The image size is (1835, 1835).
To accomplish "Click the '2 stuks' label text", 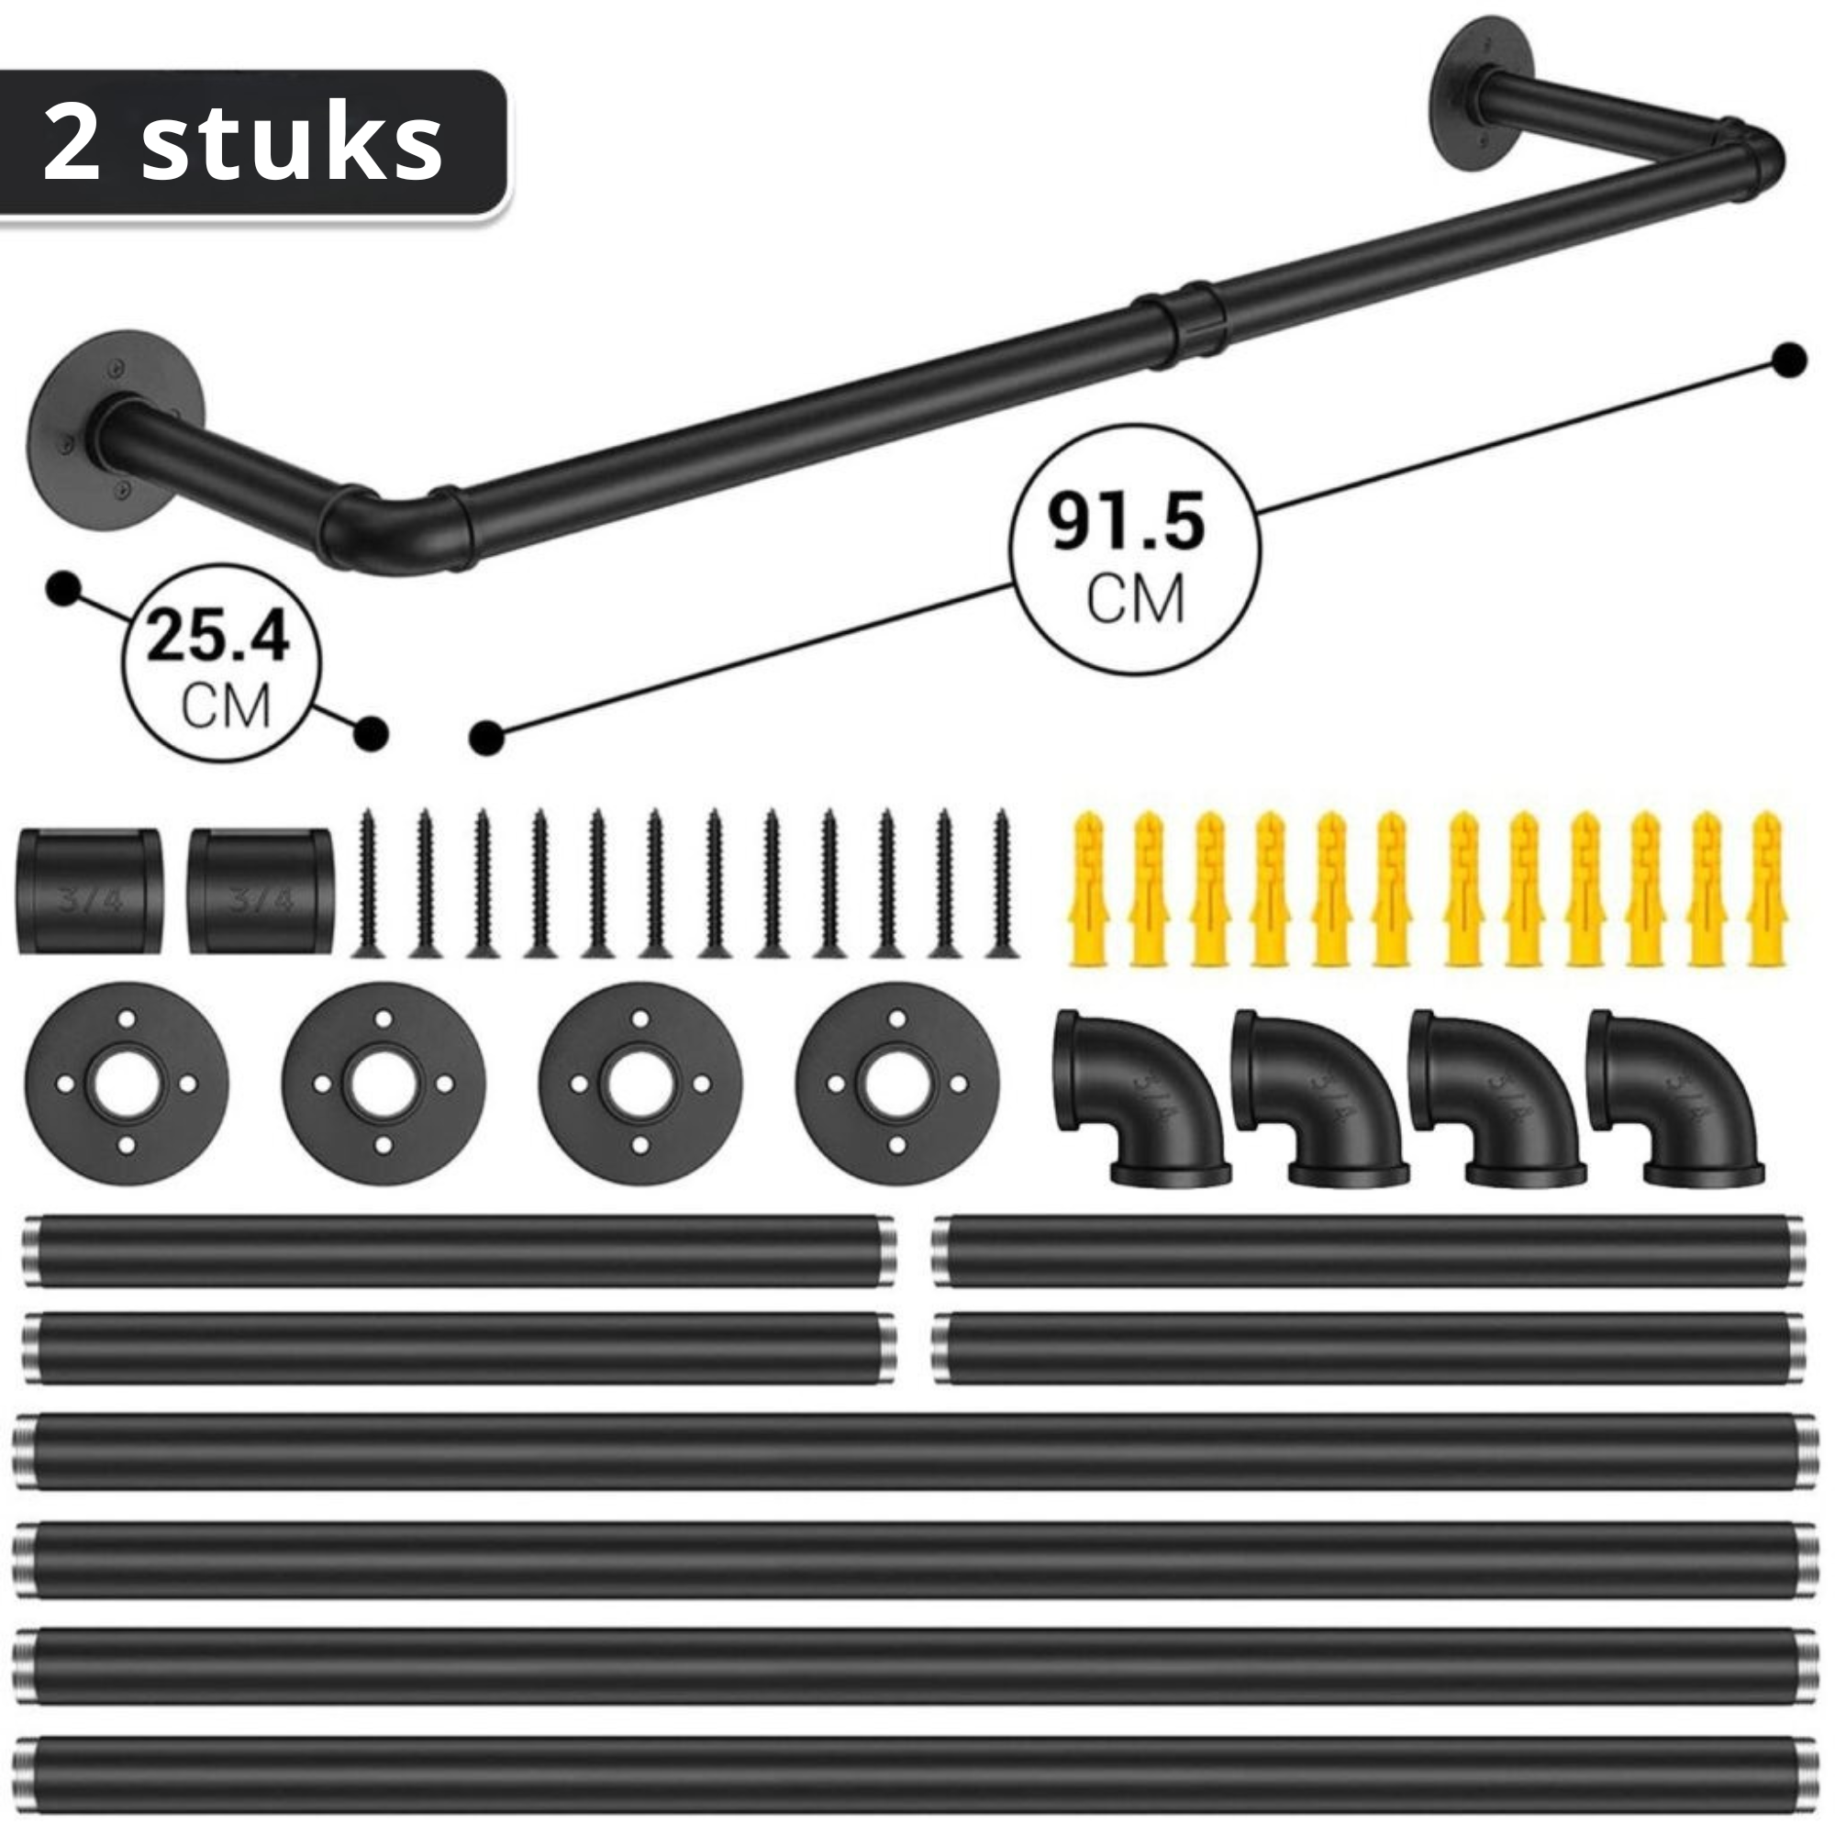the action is point(243,144).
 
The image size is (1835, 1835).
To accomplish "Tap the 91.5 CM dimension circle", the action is point(1133,550).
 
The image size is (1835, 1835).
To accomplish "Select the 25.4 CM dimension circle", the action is point(221,662).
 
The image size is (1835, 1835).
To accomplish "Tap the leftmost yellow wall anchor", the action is point(1089,889).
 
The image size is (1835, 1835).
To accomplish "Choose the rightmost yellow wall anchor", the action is point(1765,889).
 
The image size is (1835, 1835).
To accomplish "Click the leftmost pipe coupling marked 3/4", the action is point(89,891).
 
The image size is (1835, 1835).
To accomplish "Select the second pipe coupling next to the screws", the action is point(260,891).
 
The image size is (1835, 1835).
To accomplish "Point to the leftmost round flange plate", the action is point(127,1084).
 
